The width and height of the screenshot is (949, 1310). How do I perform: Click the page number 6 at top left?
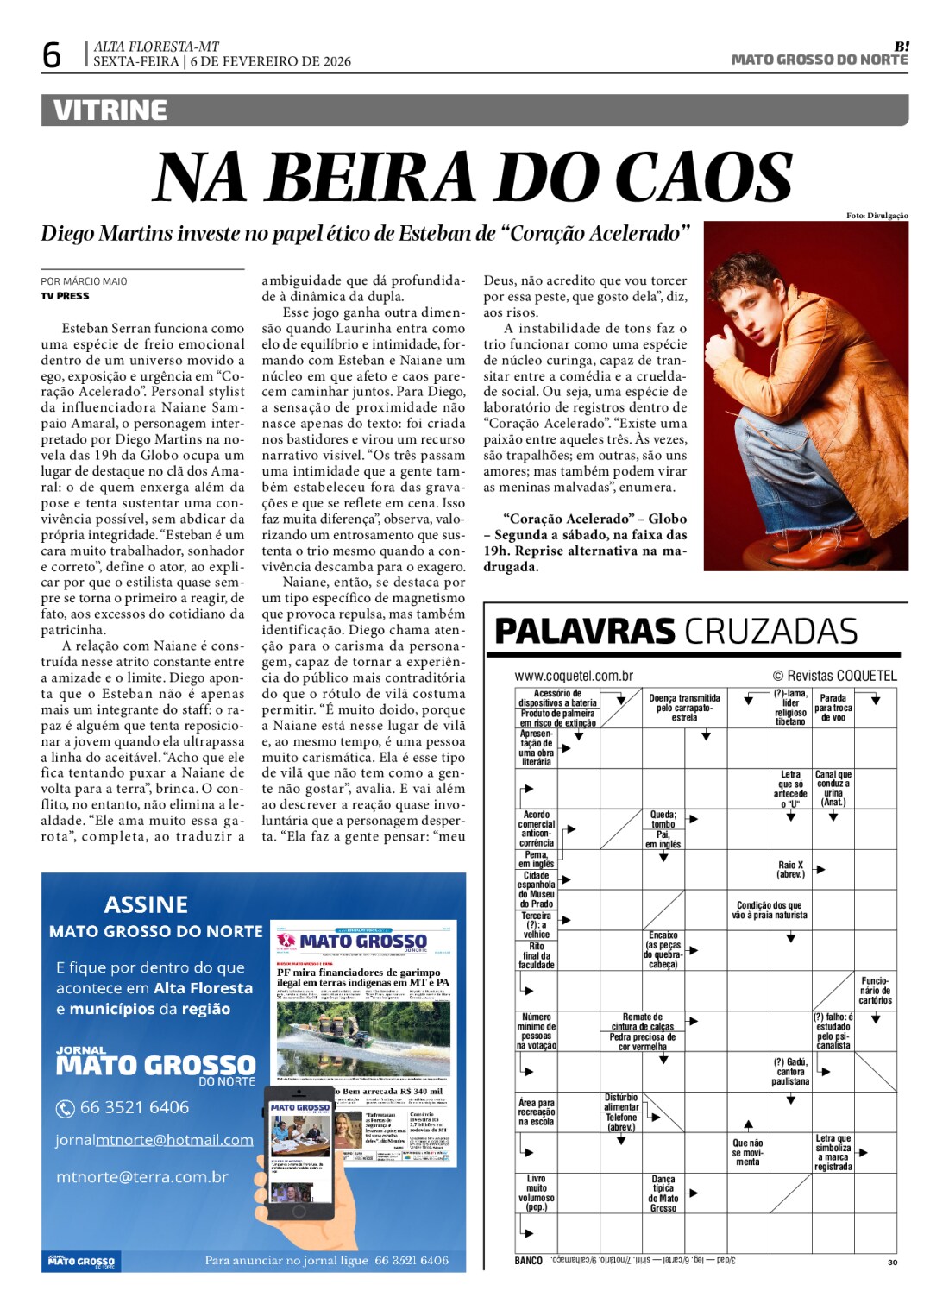(52, 55)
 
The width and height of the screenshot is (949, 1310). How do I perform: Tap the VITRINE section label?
(110, 110)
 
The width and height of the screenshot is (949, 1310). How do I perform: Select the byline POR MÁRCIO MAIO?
(84, 281)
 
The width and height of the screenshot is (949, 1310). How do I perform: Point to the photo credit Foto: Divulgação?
(877, 216)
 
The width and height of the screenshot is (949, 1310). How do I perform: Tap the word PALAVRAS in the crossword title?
(584, 632)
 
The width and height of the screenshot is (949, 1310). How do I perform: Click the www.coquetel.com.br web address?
(574, 676)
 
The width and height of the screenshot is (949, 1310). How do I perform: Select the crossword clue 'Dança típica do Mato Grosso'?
(663, 1193)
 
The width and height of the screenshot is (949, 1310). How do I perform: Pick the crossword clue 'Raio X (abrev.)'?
(790, 869)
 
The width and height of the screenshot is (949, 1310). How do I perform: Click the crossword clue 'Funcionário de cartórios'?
(875, 991)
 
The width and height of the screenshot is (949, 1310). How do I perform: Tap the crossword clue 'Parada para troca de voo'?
(833, 708)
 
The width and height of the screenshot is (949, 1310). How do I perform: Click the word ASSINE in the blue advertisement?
(146, 904)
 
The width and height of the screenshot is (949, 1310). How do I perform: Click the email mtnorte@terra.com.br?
(142, 1177)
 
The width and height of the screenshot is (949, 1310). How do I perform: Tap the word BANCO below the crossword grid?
(528, 1261)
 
